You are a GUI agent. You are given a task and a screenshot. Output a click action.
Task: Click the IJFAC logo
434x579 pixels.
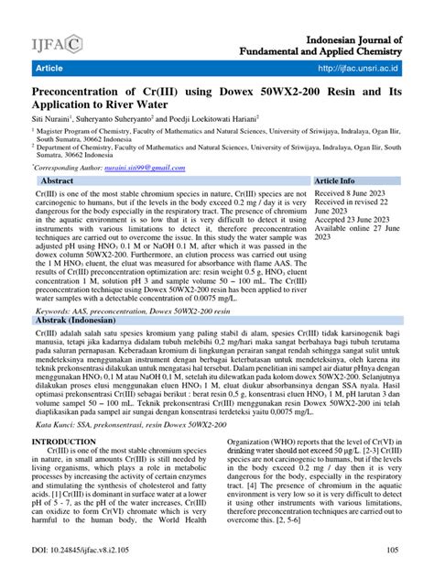coord(56,43)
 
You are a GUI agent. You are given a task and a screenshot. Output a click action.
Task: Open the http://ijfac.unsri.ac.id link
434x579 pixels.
coord(358,69)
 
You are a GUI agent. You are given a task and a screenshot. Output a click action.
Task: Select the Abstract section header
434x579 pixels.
coord(58,181)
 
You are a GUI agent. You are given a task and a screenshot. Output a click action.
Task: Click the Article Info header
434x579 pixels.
coord(341,181)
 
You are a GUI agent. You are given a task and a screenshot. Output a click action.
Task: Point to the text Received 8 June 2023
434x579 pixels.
coord(349,194)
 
